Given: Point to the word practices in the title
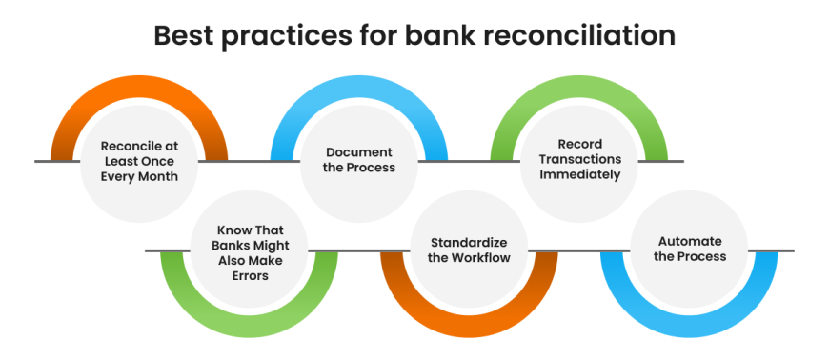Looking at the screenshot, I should tap(286, 37).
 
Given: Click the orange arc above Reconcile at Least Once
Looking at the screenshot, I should tap(138, 86).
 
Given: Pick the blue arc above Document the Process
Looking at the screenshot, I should tap(359, 86).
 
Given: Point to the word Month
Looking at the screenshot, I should tap(156, 176).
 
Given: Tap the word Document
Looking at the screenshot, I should tap(360, 152).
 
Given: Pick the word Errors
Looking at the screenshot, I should tap(249, 275).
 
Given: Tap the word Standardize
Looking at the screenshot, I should tap(469, 243).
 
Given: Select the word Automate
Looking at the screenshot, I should tap(690, 242).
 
